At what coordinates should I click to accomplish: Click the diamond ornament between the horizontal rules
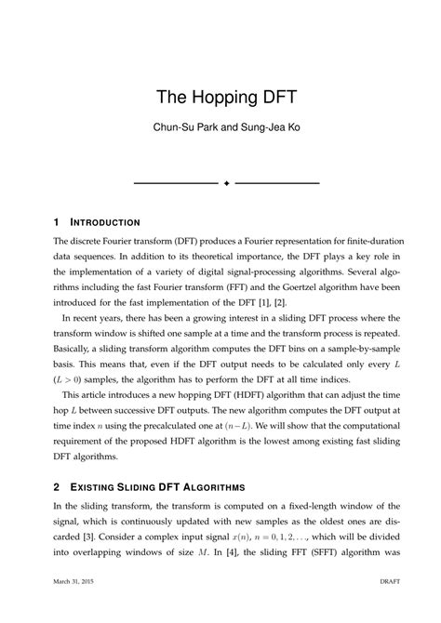226,182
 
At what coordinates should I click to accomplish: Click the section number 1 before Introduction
58,223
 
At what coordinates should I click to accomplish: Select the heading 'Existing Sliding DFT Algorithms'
159,486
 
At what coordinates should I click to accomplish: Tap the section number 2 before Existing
58,486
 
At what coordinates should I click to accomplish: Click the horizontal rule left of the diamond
176,182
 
